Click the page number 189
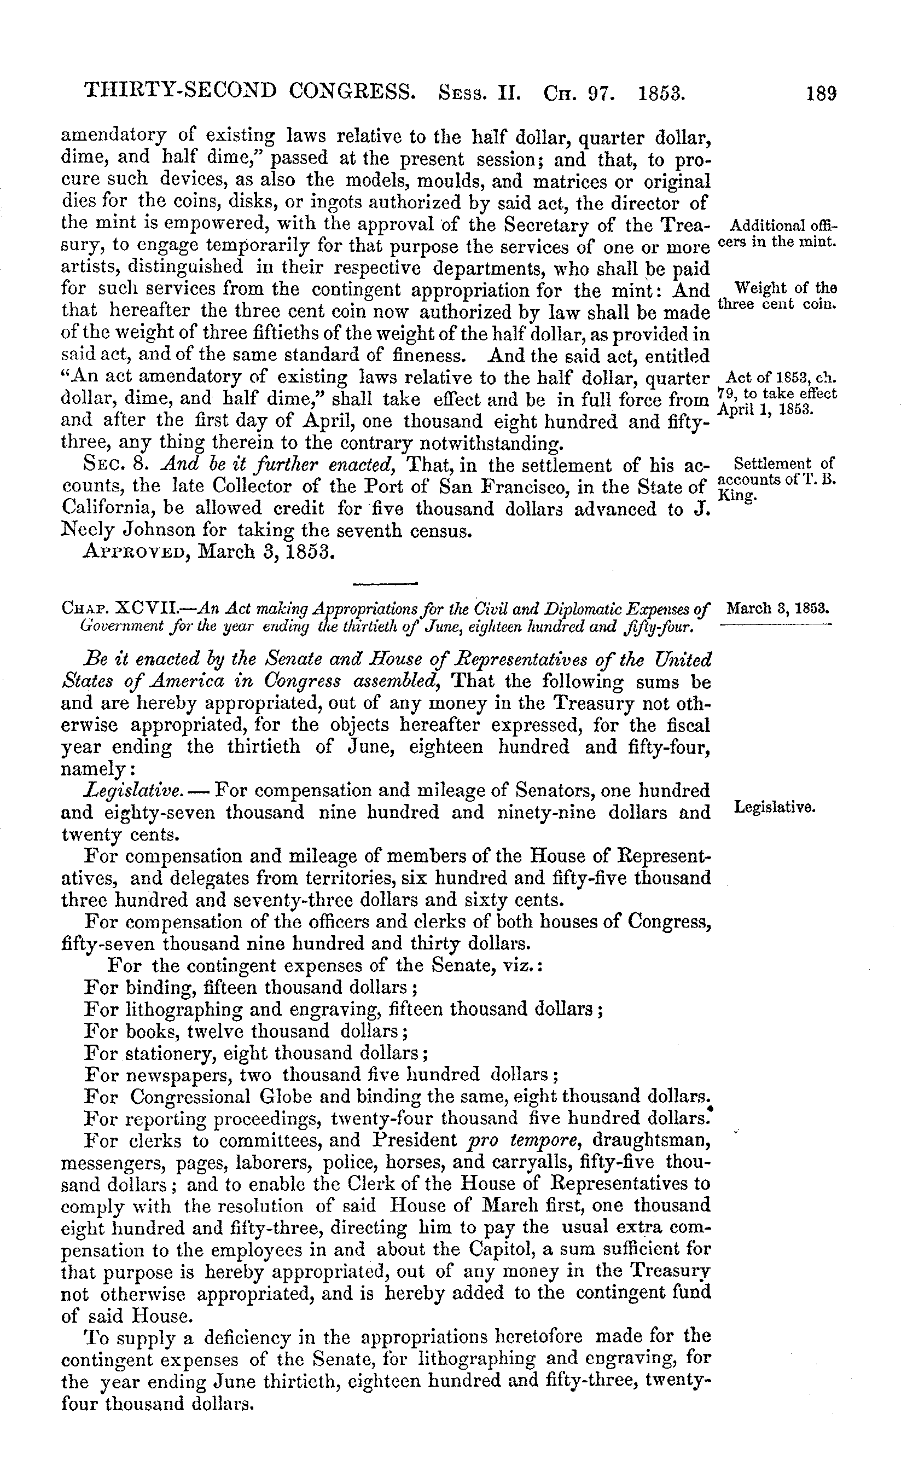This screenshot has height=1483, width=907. [x=822, y=94]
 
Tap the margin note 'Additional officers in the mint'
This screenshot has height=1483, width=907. [x=781, y=235]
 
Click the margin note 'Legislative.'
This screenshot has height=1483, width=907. [x=775, y=807]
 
